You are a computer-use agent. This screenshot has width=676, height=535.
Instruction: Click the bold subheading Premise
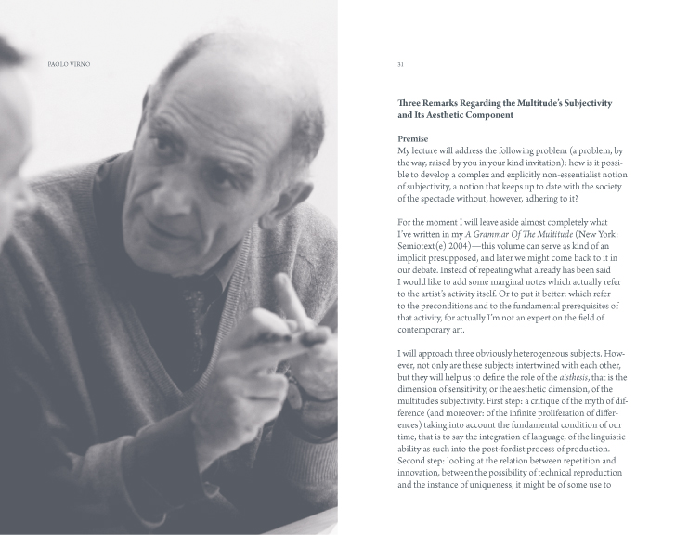coord(412,137)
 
